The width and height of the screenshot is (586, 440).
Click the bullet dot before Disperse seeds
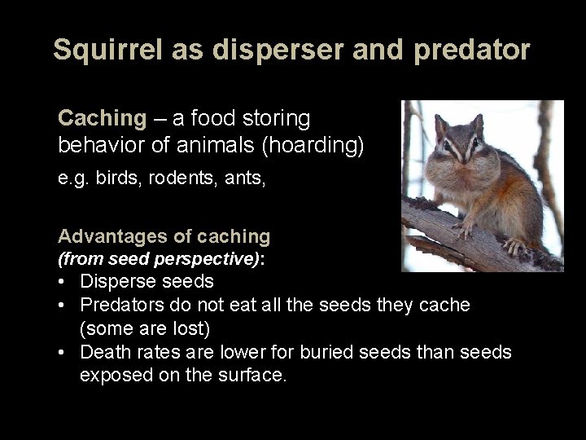tap(63, 282)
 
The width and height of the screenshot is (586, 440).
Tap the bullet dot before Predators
tap(63, 305)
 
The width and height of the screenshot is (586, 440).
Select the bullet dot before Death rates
tap(63, 351)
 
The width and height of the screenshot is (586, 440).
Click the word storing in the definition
tap(277, 119)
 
